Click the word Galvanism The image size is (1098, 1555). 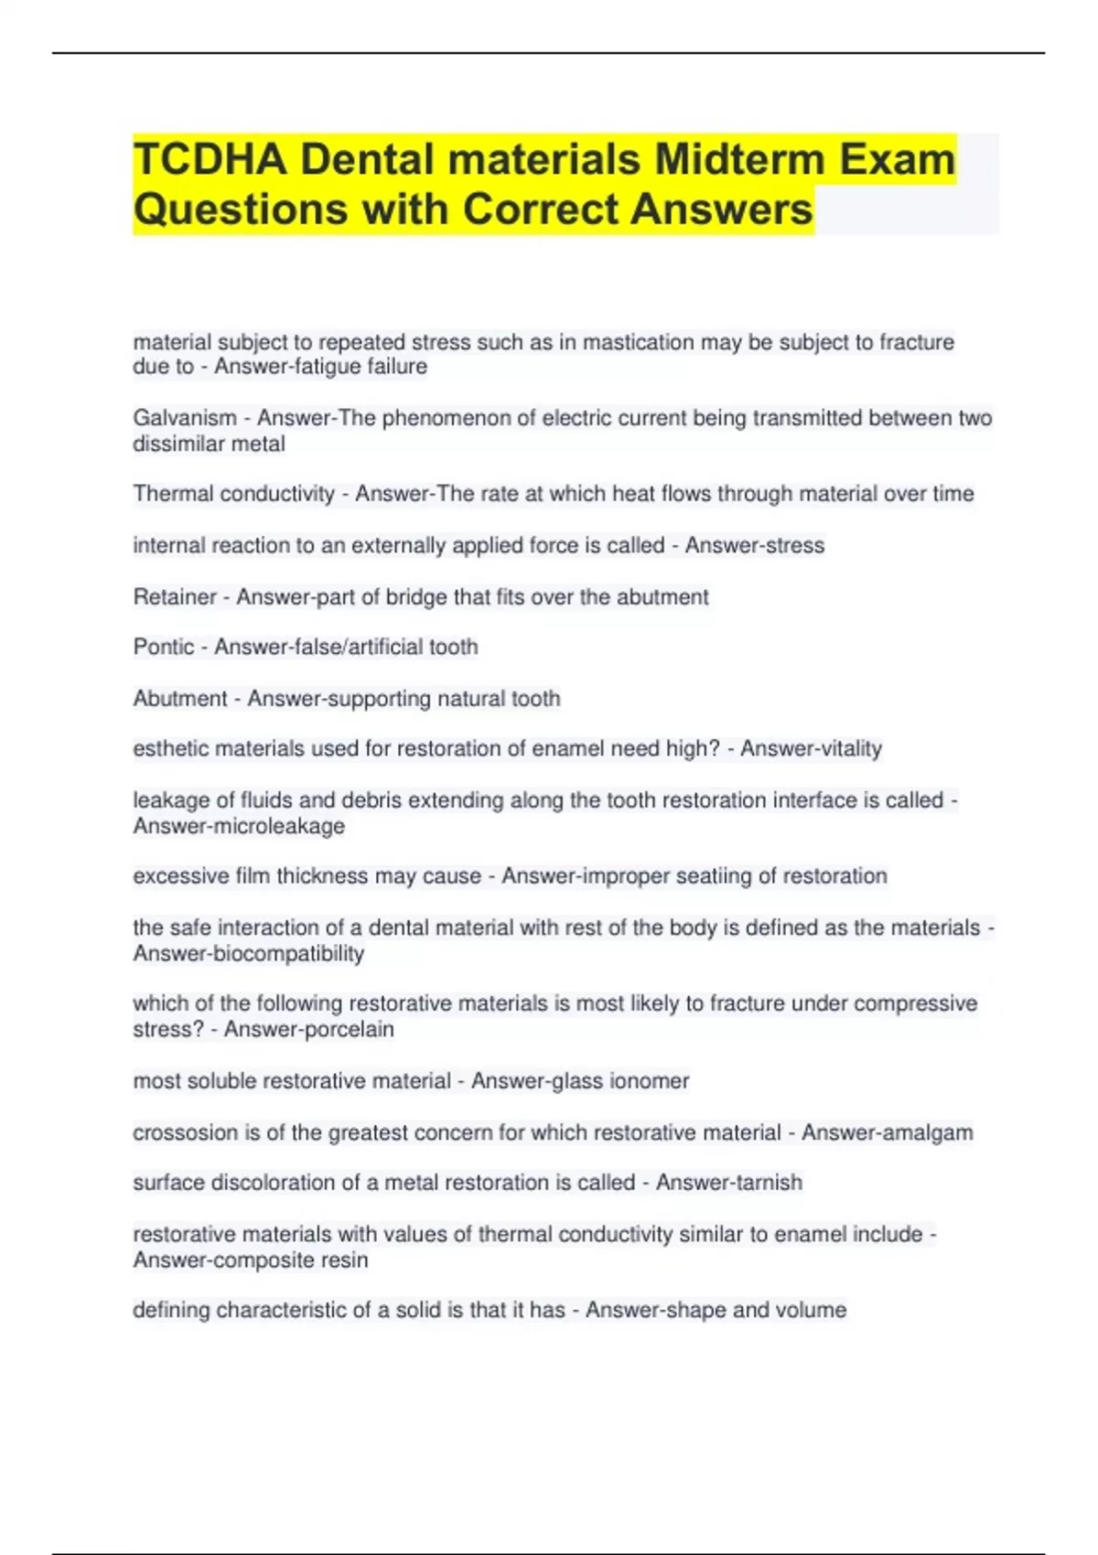point(185,418)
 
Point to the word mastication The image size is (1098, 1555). point(639,342)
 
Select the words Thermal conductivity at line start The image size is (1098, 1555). point(234,494)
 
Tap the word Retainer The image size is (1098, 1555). point(175,597)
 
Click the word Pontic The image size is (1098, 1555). point(164,648)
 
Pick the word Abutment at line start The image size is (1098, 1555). point(180,699)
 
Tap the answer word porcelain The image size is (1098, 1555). point(350,1030)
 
